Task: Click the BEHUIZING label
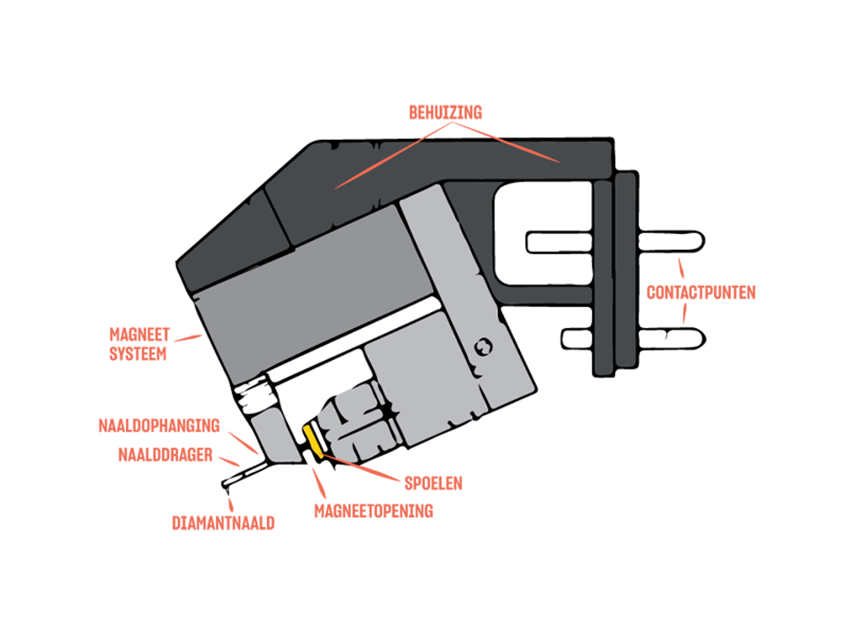click(x=445, y=113)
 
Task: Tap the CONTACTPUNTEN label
click(x=700, y=293)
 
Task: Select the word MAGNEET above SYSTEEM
click(x=139, y=334)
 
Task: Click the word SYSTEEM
click(x=138, y=354)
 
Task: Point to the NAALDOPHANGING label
click(x=159, y=426)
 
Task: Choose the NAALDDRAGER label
click(x=165, y=455)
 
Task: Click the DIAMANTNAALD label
click(x=223, y=524)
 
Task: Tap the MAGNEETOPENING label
click(x=374, y=511)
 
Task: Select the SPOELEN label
click(x=433, y=484)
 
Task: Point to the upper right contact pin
click(x=671, y=241)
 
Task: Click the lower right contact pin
click(x=672, y=339)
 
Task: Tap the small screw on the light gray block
click(x=483, y=347)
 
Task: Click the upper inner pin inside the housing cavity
click(x=559, y=243)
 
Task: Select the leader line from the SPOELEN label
click(x=360, y=468)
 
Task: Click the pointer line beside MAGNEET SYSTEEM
click(x=188, y=338)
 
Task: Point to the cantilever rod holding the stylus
click(x=244, y=474)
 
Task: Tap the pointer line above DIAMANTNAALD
click(x=231, y=504)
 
